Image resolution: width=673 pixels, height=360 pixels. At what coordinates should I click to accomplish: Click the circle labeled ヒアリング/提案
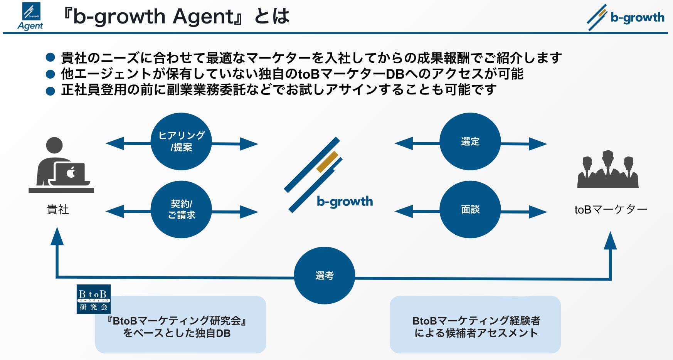181,141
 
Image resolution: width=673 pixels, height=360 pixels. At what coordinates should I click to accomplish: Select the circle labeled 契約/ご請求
181,209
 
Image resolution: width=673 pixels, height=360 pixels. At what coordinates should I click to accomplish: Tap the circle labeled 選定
470,141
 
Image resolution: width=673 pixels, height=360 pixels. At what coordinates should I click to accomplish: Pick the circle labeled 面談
470,209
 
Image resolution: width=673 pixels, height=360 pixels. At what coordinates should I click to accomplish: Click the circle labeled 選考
324,276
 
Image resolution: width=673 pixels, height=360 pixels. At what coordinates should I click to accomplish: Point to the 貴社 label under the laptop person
58,209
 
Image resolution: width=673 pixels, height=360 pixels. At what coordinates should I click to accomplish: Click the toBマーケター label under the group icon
611,209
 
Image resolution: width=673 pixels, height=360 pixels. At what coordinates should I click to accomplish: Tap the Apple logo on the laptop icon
71,172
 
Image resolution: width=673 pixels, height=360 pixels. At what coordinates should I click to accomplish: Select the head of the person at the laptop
54,145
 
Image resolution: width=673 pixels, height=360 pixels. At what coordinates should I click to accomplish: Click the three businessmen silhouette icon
608,170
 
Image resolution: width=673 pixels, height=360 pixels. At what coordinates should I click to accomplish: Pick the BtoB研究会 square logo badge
94,299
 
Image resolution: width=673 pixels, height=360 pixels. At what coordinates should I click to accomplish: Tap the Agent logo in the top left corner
30,16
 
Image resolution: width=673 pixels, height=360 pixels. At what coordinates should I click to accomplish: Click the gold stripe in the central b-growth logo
327,162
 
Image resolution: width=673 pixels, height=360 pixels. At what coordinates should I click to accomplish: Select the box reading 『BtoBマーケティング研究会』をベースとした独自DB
180,325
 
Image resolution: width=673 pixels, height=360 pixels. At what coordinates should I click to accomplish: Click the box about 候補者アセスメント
475,325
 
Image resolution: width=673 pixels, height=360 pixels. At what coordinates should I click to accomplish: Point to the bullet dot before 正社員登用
50,91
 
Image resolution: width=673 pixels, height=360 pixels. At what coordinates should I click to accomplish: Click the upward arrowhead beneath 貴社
57,236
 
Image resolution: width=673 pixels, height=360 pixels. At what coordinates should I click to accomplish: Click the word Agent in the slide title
203,17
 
